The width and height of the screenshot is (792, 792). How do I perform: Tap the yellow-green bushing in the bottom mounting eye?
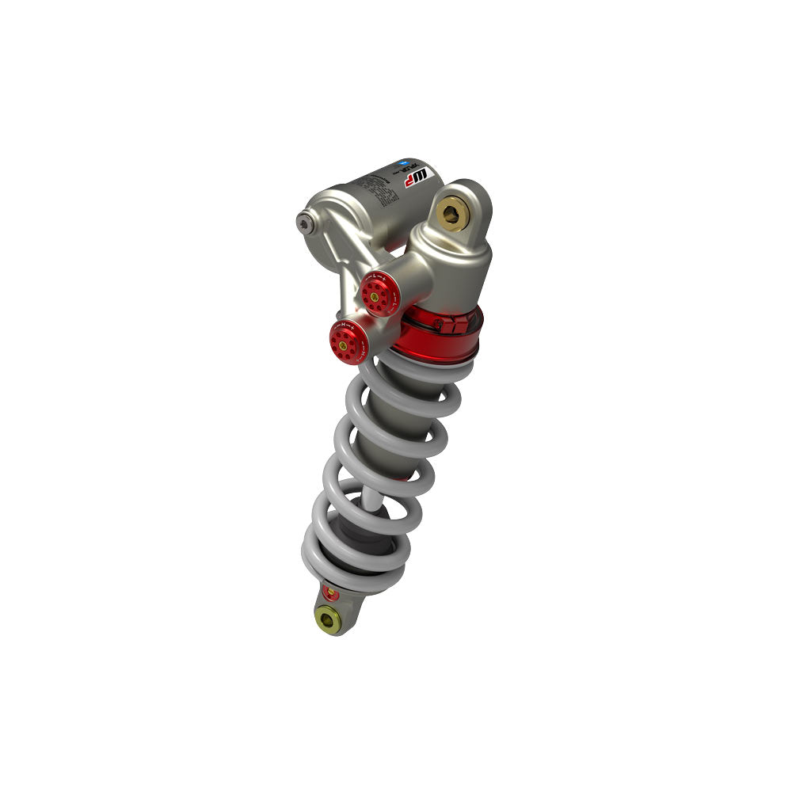pos(326,619)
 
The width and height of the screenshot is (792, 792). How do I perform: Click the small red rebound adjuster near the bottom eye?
pos(331,592)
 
